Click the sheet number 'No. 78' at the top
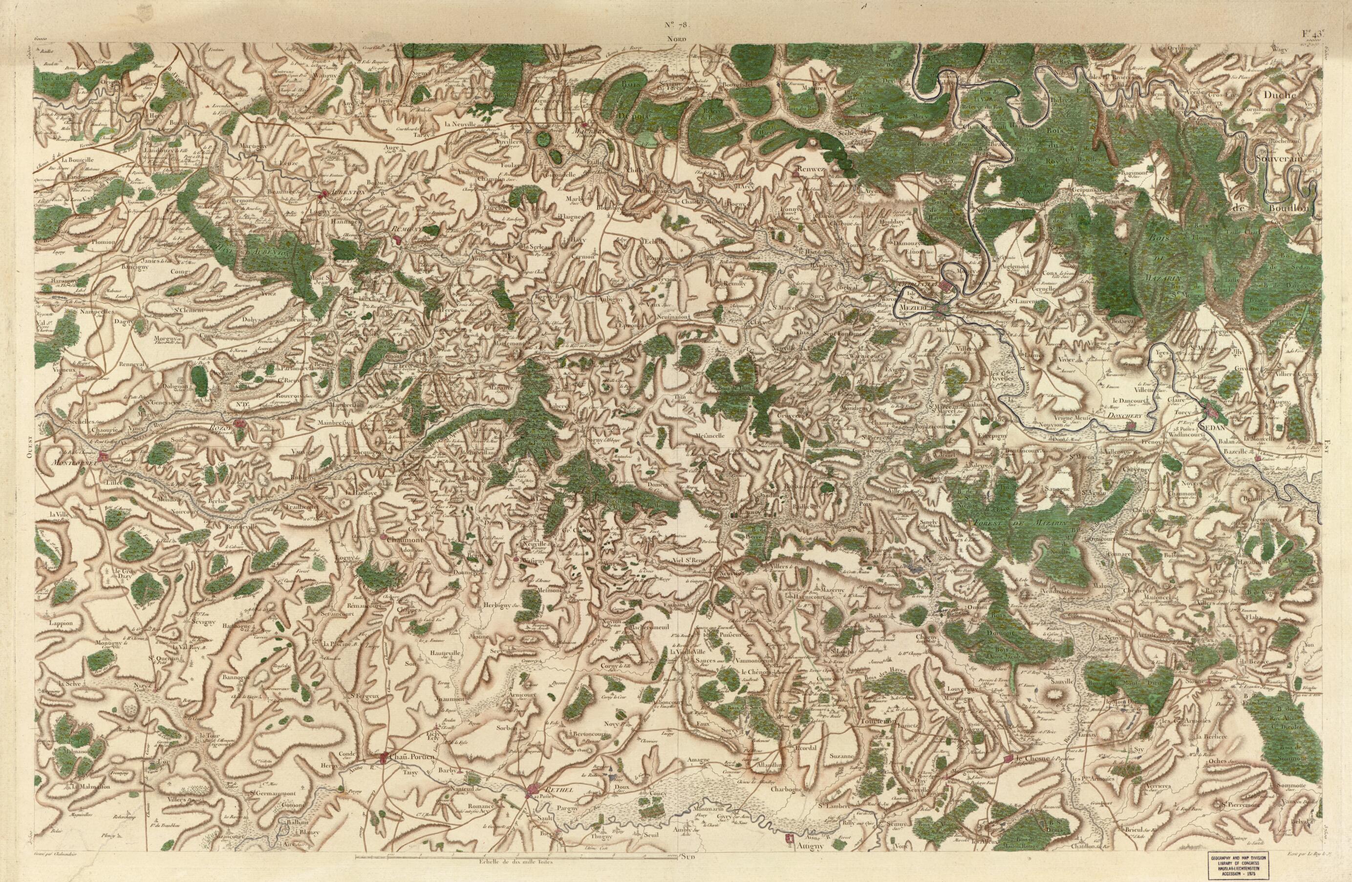click(675, 25)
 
